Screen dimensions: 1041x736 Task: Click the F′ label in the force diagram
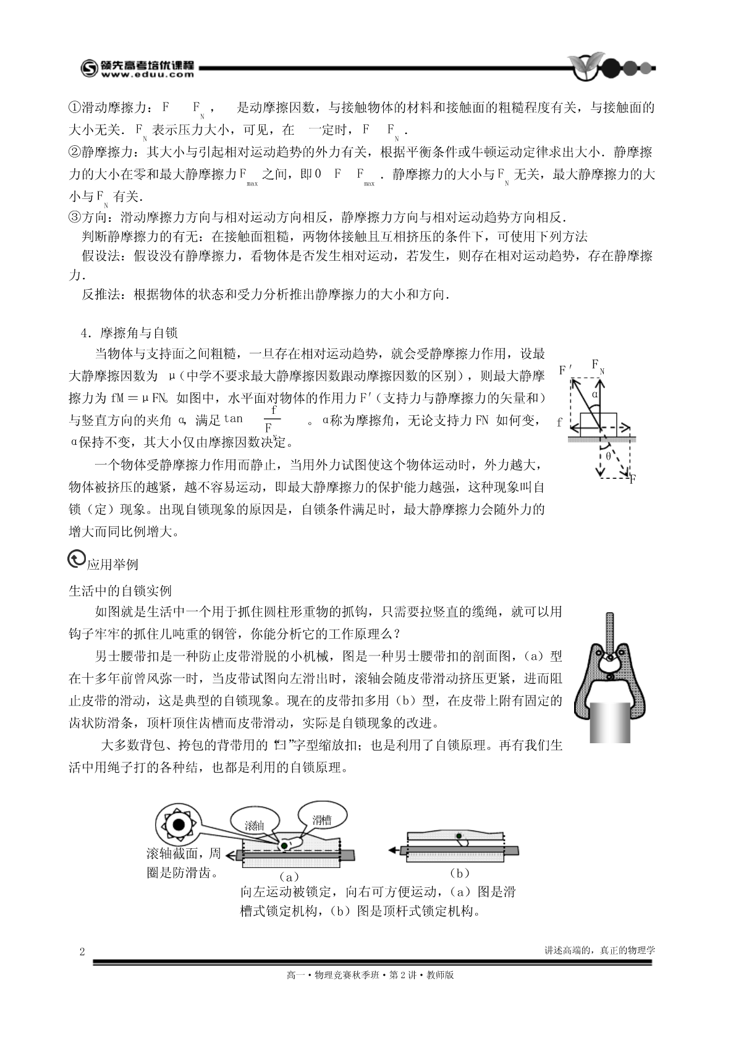coord(565,371)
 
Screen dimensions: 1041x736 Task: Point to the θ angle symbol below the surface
coord(608,456)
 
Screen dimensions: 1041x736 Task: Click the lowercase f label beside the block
coord(559,423)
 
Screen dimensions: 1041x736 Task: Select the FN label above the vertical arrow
coord(598,366)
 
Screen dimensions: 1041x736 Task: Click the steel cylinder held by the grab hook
coord(609,721)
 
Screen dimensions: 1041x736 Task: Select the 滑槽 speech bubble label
coord(321,820)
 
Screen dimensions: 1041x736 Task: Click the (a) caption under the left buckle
coord(289,876)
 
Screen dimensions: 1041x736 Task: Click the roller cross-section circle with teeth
coord(179,825)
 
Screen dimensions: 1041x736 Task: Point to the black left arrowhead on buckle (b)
coord(393,851)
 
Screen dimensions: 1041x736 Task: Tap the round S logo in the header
coord(90,69)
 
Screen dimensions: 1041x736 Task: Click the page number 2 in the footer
coord(82,951)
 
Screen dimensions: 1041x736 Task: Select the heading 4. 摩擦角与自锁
coord(130,334)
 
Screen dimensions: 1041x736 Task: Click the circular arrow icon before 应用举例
coord(76,559)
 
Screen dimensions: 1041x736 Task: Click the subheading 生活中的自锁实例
coord(120,591)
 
